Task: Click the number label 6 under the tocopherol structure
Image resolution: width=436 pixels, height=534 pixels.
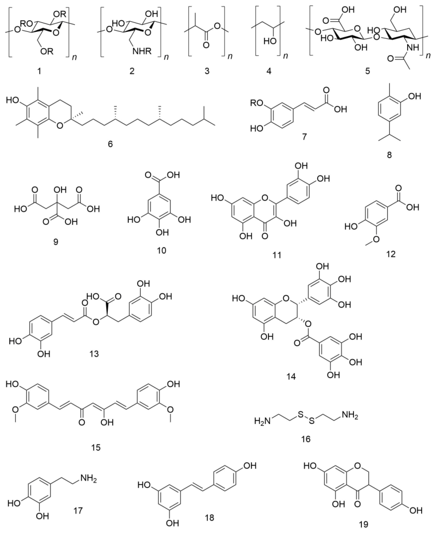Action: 110,144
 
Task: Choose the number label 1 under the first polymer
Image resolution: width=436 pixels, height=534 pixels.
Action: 39,71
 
